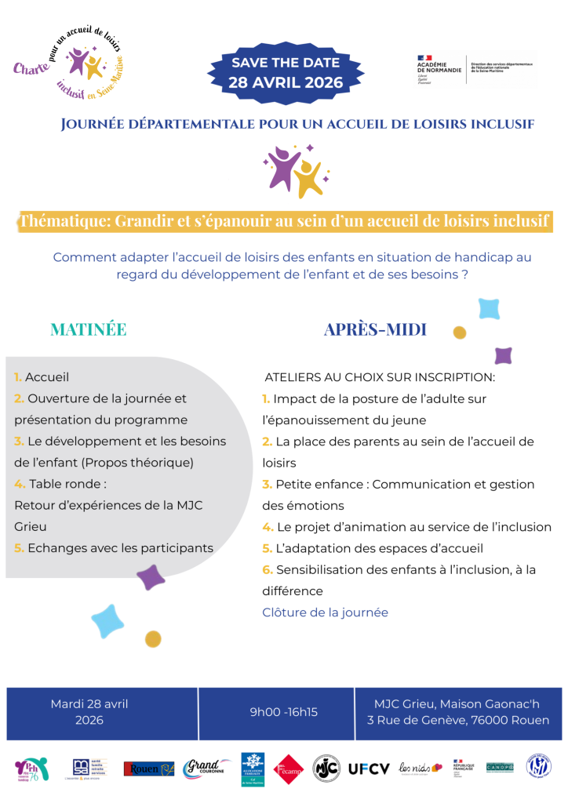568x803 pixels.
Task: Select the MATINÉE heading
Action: tap(88, 329)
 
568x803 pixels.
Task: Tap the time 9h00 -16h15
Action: tap(284, 712)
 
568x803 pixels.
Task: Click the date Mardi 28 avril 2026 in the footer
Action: tap(89, 711)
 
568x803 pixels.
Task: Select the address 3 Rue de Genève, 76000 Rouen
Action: tap(458, 720)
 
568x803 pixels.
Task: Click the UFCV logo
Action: tap(369, 768)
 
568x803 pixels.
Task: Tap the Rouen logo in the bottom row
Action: tap(148, 768)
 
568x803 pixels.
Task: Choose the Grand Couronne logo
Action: tap(206, 768)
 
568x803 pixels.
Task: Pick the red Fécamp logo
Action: tap(288, 768)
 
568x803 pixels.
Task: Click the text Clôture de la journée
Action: tap(325, 612)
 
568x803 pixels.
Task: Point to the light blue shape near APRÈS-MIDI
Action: tap(488, 308)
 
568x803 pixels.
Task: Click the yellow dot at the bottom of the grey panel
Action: tap(153, 638)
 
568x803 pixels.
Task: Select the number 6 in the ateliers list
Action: tap(267, 569)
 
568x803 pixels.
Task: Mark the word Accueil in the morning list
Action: tap(47, 376)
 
